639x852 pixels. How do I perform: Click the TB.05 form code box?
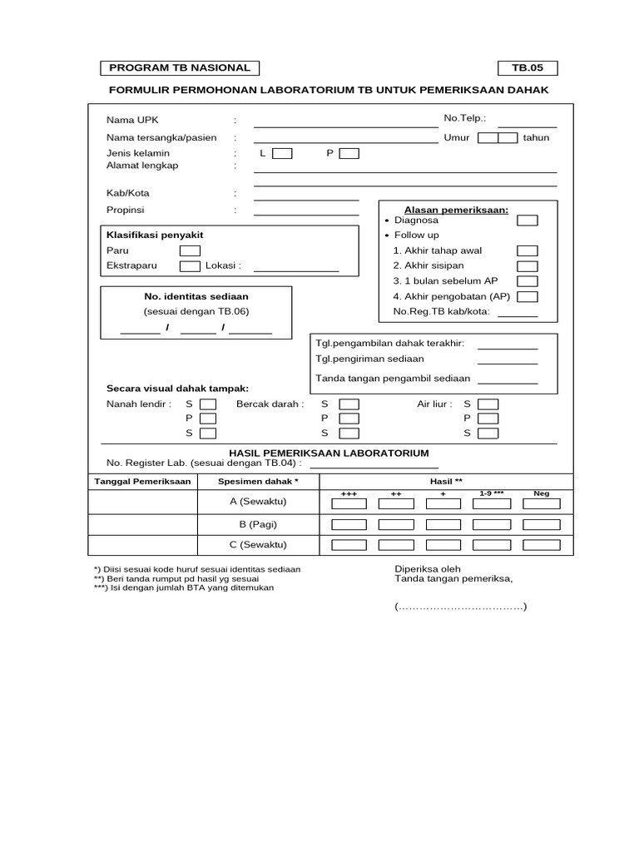528,68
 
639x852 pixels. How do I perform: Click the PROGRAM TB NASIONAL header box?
181,68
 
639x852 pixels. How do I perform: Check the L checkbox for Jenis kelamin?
283,153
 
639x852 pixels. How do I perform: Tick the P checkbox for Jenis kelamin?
349,153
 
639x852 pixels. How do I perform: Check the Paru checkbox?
191,250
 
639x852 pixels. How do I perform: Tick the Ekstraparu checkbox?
191,266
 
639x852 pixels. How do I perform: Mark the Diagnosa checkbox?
528,220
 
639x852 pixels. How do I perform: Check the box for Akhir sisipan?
528,266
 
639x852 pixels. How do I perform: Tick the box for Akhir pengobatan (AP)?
528,297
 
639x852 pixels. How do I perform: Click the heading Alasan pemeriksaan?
456,210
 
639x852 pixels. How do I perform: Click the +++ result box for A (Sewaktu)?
349,503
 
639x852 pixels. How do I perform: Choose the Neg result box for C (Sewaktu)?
542,545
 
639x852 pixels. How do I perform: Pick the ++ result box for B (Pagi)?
396,524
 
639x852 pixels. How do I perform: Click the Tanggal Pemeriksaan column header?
142,482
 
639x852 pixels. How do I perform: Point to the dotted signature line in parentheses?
460,607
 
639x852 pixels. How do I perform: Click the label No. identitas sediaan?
196,296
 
